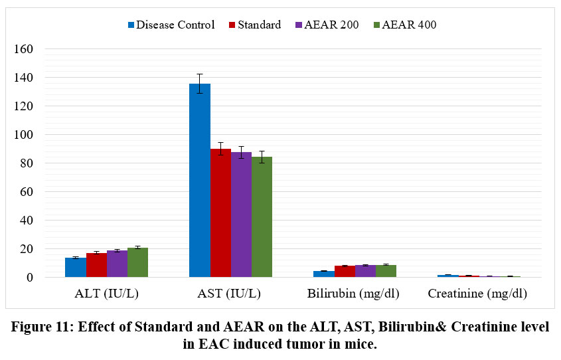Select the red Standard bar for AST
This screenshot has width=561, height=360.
tap(220, 213)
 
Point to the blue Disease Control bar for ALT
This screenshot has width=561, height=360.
tap(76, 267)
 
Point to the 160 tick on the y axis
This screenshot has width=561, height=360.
tap(24, 49)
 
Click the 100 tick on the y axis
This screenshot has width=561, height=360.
tap(24, 135)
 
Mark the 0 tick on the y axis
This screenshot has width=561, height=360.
tap(30, 278)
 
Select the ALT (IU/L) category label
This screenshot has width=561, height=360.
tap(106, 294)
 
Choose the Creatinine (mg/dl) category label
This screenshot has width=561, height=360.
tap(477, 294)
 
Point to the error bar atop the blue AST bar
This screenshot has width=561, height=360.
tap(200, 83)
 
